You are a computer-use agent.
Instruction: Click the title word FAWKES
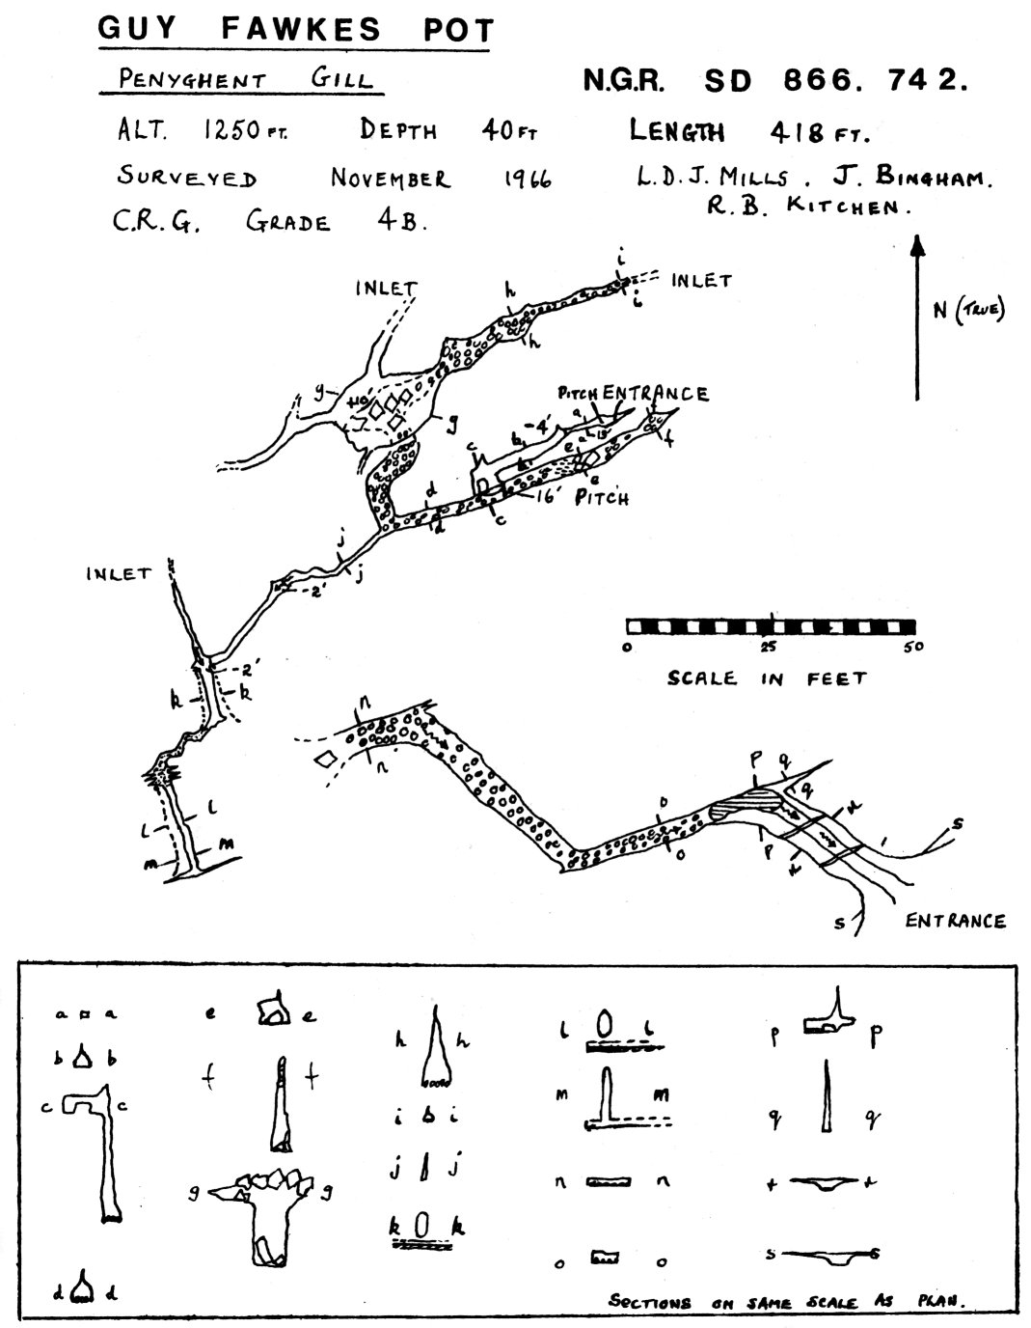pos(302,29)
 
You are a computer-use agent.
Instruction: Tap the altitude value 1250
pos(231,129)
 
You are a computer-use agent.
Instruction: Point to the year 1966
pos(527,179)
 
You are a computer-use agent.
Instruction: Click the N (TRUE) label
pos(967,310)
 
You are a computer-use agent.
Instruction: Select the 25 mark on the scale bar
pos(769,646)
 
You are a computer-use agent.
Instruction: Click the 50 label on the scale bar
pos(912,646)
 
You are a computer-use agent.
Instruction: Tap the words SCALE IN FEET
pos(767,678)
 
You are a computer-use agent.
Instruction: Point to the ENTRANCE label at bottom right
pos(954,921)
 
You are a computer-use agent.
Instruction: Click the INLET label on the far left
pos(119,574)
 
